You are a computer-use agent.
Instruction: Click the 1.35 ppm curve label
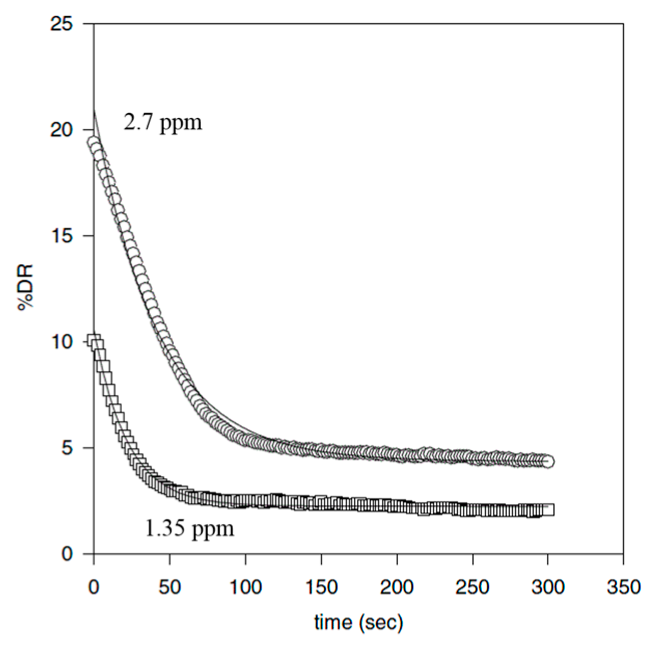[x=189, y=528]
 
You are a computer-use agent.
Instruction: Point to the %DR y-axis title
[x=26, y=289]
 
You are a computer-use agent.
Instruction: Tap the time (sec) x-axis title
[x=358, y=622]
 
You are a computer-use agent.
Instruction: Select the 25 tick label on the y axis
[x=62, y=24]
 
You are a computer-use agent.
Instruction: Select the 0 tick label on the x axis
[x=94, y=587]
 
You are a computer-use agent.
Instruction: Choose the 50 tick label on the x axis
[x=169, y=587]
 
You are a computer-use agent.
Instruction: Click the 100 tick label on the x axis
[x=245, y=587]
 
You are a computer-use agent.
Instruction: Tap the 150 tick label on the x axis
[x=321, y=587]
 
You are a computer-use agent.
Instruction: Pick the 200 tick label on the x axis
[x=397, y=587]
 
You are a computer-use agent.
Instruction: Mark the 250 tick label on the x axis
[x=472, y=587]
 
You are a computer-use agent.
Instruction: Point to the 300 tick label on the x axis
[x=548, y=587]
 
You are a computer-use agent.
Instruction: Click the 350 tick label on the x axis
[x=623, y=587]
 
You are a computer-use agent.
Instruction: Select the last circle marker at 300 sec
[x=548, y=462]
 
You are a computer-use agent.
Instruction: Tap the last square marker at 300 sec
[x=548, y=510]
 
